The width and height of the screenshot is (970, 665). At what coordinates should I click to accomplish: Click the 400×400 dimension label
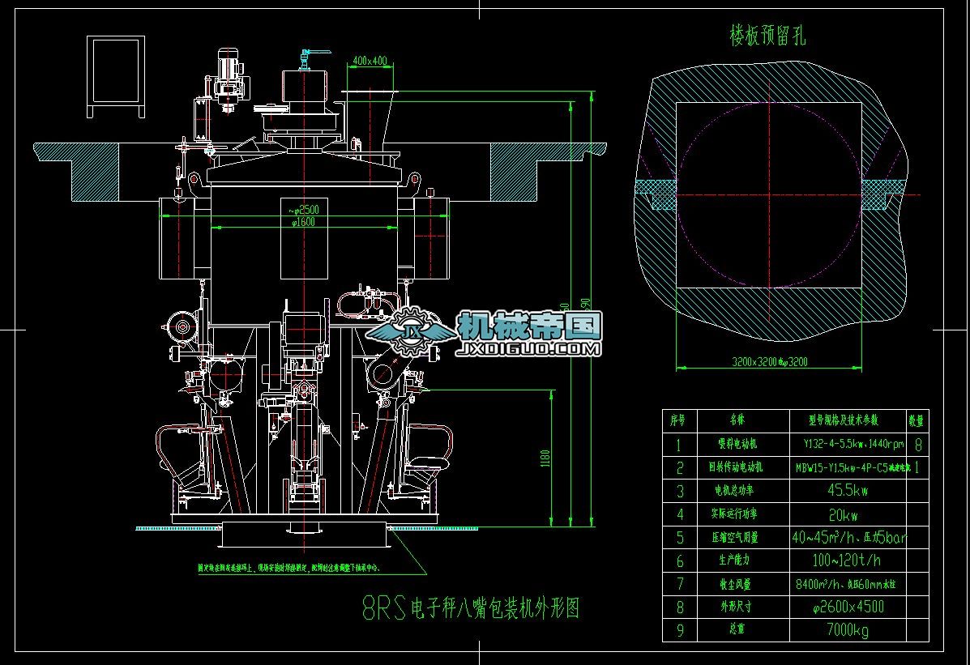coord(370,61)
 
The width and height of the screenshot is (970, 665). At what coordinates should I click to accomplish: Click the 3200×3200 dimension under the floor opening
coord(769,362)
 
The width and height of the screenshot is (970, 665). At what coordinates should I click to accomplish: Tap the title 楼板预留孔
coord(767,36)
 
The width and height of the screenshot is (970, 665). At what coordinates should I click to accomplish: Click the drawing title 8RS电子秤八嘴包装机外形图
coord(470,608)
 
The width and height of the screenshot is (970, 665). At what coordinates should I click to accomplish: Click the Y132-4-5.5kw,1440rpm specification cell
coord(847,444)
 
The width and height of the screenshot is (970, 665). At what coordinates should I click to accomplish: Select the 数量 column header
coord(916,420)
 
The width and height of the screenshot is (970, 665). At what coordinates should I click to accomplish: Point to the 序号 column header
coord(678,420)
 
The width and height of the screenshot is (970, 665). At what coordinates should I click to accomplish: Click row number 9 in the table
coord(679,630)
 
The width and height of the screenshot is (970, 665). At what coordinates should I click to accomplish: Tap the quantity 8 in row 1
coord(917,444)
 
